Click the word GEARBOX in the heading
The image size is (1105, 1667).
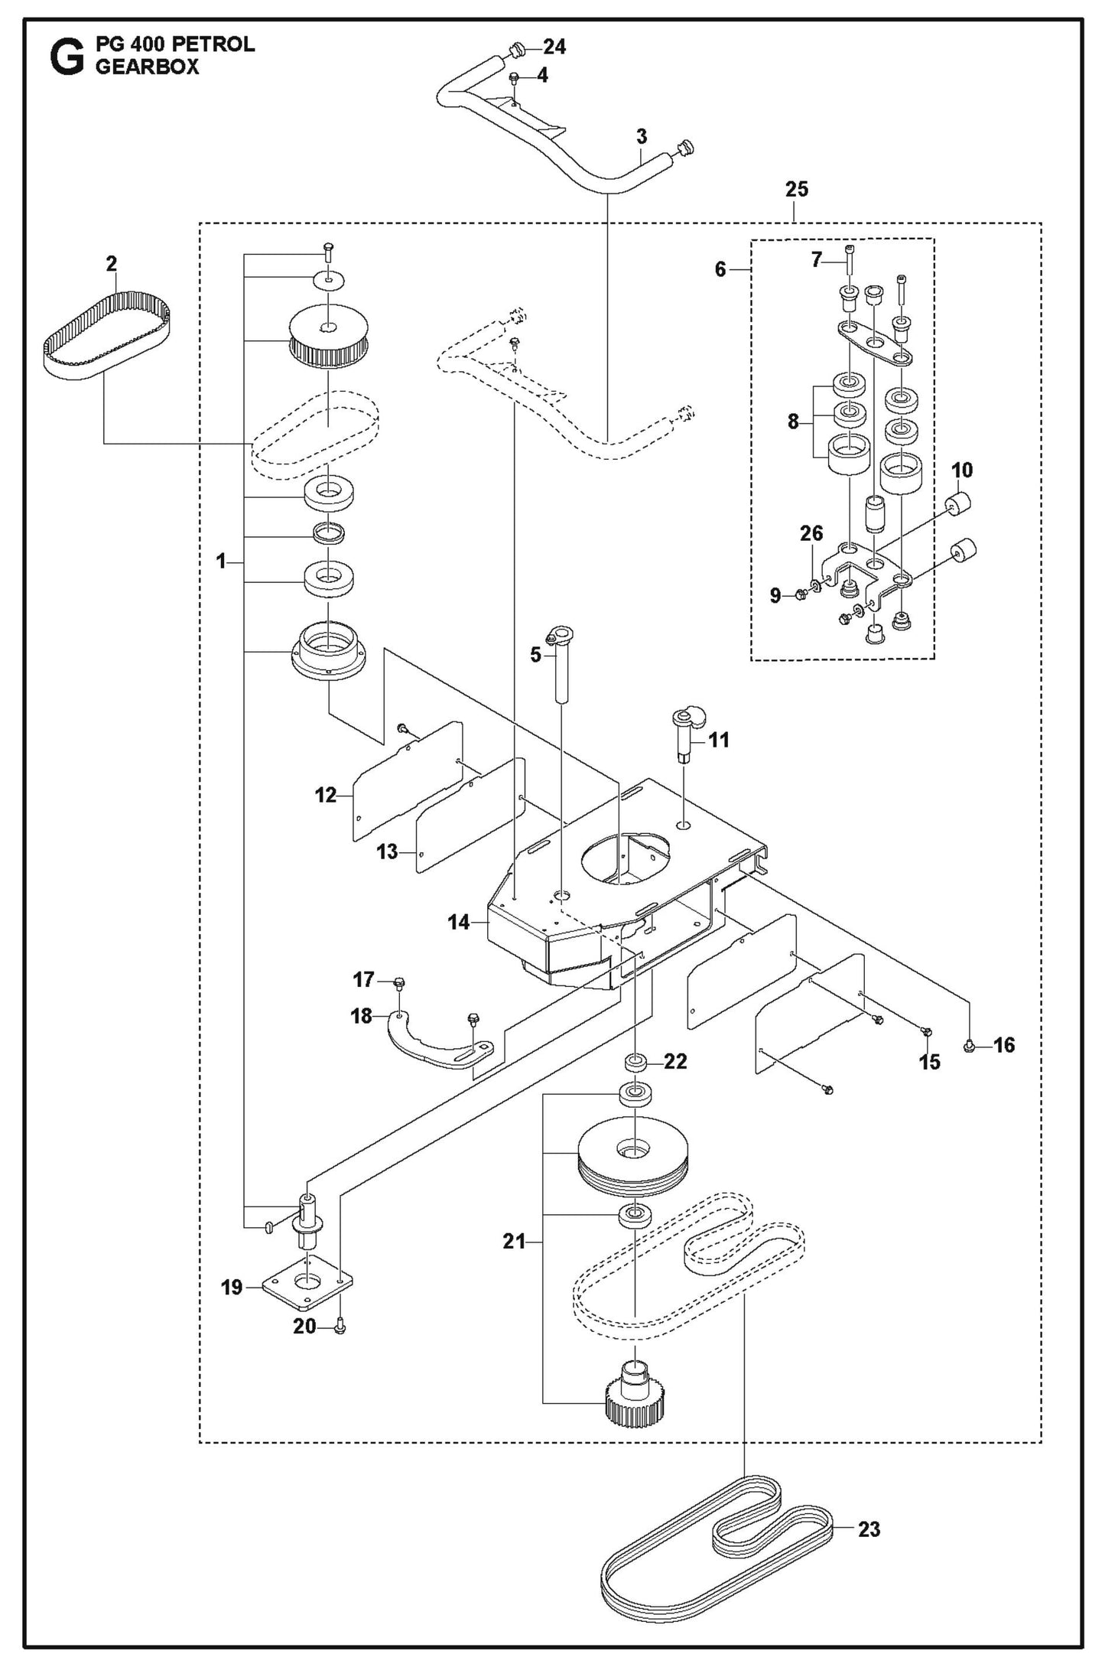tap(147, 67)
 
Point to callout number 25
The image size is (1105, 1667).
tap(796, 190)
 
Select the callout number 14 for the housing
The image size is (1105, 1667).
tap(458, 923)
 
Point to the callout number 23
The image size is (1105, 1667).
tap(869, 1529)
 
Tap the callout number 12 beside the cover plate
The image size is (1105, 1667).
tap(325, 796)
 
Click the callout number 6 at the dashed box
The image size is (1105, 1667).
tap(720, 269)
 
